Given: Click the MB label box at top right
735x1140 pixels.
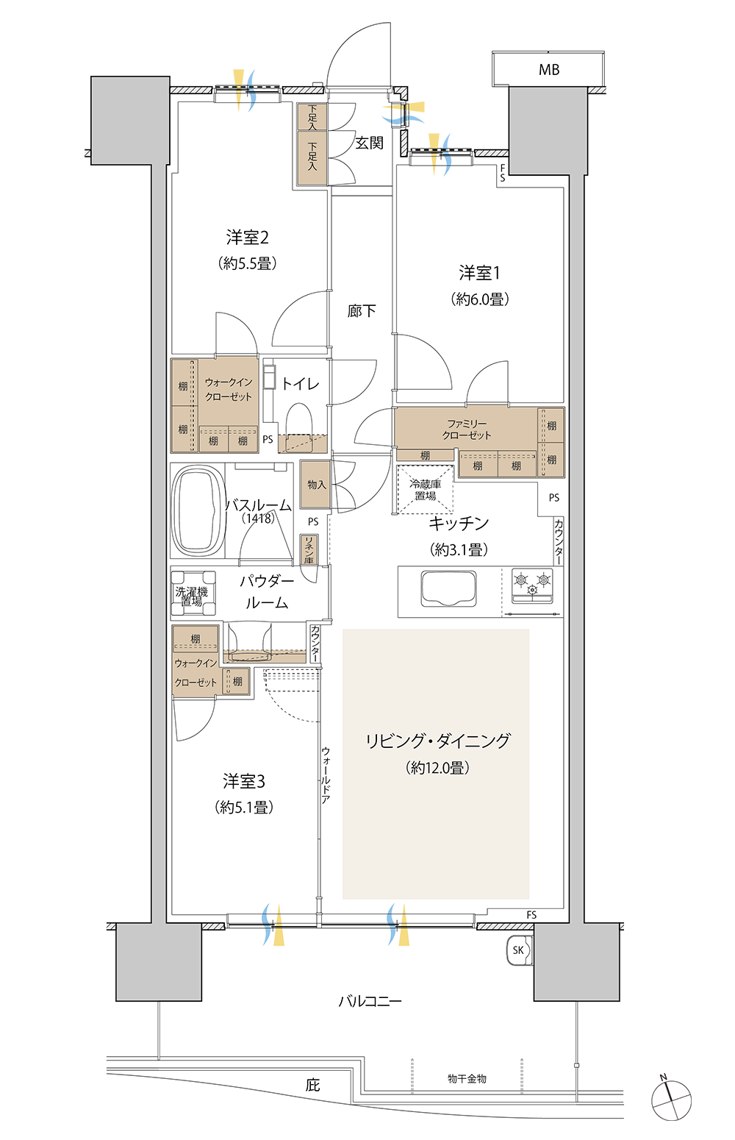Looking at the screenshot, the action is tap(548, 68).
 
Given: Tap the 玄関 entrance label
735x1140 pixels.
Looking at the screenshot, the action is tap(369, 143).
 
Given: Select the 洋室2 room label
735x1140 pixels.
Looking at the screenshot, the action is tap(247, 237).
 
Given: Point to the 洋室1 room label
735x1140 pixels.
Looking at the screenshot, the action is tap(480, 273).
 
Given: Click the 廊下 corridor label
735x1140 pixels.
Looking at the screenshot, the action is tap(362, 310).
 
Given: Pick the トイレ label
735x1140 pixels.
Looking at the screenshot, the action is tap(300, 383).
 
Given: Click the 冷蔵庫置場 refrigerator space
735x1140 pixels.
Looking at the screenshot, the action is tap(425, 490).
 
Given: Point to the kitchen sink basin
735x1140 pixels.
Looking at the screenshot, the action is tap(448, 589).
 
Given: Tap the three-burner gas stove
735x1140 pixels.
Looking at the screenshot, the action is tap(532, 585).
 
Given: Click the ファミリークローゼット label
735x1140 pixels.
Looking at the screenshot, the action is tap(467, 430).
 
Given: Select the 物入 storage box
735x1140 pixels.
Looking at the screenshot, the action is tap(315, 484).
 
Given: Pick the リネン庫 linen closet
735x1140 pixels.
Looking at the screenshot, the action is tap(309, 549).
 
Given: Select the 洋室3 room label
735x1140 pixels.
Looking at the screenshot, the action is tap(243, 780).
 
